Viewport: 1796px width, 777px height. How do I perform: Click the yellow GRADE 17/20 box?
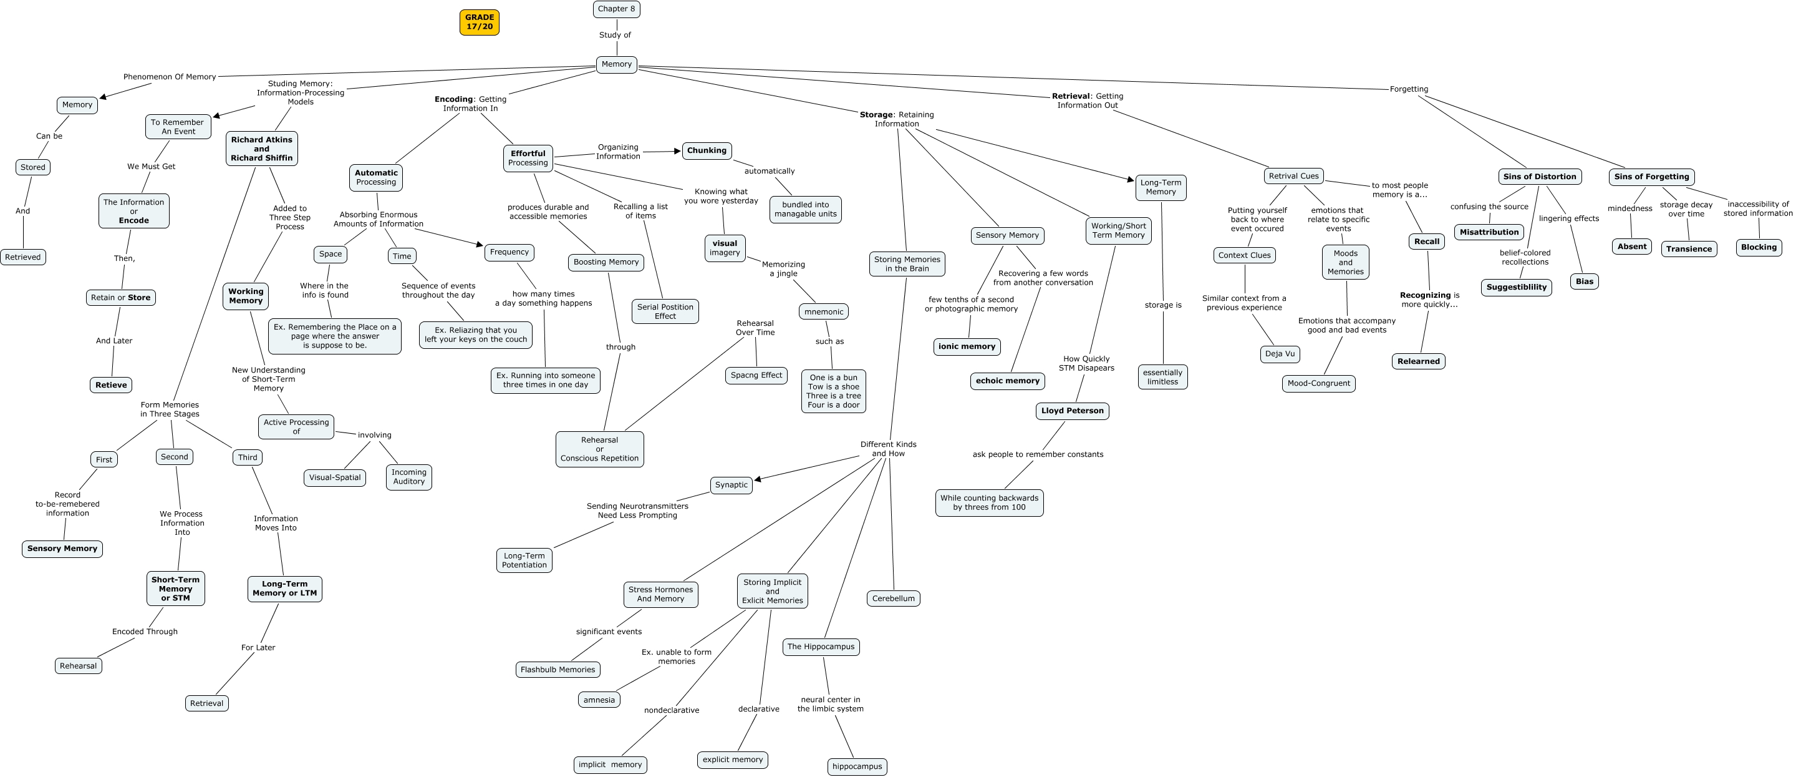[479, 22]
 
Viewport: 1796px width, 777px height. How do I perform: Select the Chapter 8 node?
[616, 9]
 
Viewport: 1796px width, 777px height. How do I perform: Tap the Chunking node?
[707, 150]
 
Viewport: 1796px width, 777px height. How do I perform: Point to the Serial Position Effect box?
[665, 311]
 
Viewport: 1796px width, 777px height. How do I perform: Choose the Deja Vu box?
[1280, 354]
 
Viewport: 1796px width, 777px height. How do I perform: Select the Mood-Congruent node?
[1318, 383]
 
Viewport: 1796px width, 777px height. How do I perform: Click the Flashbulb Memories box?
[558, 670]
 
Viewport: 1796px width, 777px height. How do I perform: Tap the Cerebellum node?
[893, 599]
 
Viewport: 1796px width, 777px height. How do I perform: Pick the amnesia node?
[599, 700]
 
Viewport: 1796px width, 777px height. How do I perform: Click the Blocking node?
[1759, 247]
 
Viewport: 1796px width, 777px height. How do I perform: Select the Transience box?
[1689, 249]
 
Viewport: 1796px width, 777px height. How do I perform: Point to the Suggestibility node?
[1516, 287]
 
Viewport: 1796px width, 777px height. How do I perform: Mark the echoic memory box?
[1008, 381]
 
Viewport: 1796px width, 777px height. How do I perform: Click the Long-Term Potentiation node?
[524, 560]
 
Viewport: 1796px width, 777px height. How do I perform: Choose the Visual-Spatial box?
[335, 478]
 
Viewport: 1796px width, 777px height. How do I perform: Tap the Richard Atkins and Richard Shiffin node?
[261, 149]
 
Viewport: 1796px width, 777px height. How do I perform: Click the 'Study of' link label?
[615, 35]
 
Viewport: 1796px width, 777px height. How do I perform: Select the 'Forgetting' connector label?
[1408, 89]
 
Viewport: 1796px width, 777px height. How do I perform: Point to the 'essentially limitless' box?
[1162, 378]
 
